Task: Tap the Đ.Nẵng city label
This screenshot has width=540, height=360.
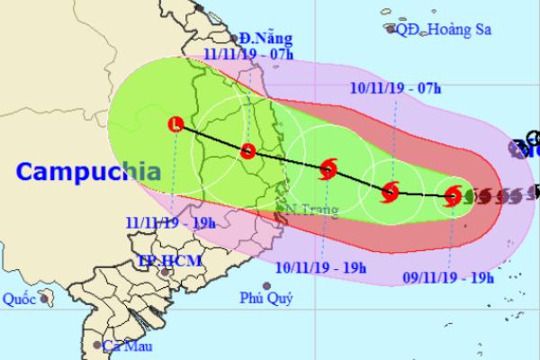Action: point(259,39)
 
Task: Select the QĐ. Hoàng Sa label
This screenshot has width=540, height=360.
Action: point(440,29)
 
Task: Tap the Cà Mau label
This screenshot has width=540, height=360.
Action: point(126,346)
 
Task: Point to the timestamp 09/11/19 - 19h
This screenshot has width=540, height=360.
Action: point(448,253)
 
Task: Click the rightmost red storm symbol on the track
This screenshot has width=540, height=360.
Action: point(454,195)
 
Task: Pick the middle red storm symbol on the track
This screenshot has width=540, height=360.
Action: point(390,190)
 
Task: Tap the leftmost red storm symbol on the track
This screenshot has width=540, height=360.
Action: point(328,167)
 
